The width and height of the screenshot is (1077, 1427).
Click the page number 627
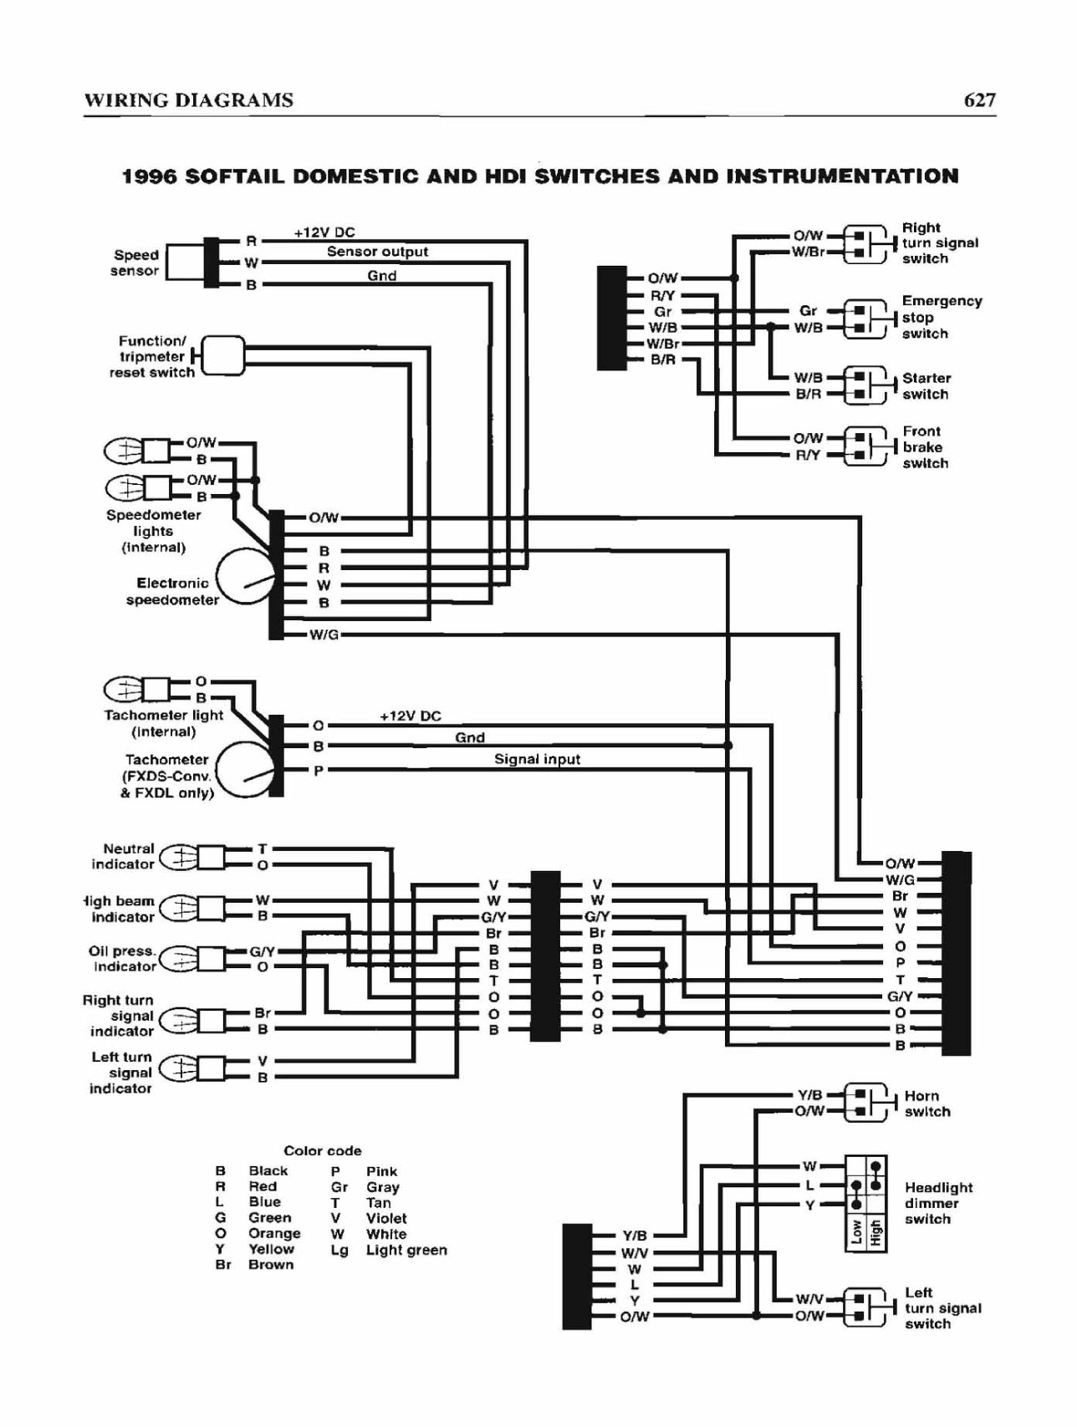click(979, 100)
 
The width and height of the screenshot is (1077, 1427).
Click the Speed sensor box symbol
click(185, 262)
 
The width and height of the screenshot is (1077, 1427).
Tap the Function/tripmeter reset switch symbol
click(223, 356)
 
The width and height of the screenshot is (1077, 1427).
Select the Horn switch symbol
click(865, 1103)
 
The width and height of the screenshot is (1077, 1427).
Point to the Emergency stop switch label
click(942, 317)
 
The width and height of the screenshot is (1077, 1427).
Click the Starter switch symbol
click(865, 385)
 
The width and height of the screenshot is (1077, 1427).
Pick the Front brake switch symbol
click(865, 446)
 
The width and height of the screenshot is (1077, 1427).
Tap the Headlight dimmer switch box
click(865, 1204)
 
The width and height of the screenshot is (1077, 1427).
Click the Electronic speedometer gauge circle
click(245, 577)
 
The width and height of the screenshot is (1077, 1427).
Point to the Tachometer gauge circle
click(245, 770)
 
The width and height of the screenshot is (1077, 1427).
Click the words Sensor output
click(377, 252)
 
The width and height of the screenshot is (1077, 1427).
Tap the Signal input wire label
click(537, 759)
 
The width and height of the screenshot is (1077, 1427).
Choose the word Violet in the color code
click(386, 1218)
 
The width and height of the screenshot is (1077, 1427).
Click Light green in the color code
click(406, 1250)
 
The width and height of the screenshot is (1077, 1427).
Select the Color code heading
click(322, 1150)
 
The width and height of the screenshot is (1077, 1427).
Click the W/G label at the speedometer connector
click(324, 635)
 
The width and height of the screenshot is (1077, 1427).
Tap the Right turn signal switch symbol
click(865, 243)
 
